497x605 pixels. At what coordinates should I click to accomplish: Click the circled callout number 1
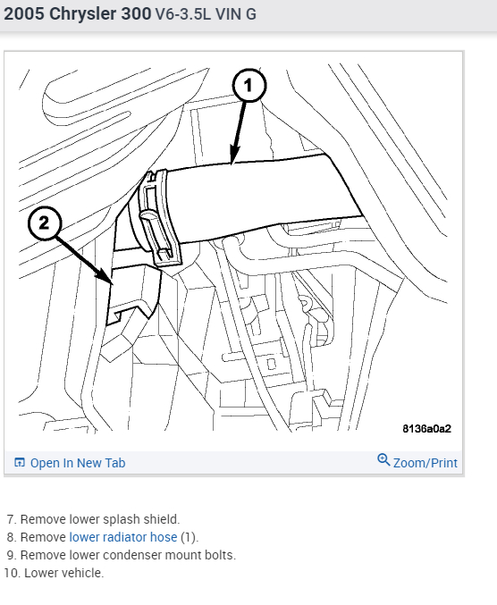pos(249,85)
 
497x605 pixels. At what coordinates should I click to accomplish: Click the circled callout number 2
pos(45,223)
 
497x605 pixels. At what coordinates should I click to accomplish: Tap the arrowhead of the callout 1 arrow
pos(234,155)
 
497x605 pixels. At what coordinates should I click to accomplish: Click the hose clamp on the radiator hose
pos(159,218)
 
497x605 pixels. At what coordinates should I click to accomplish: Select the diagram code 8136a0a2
pos(426,429)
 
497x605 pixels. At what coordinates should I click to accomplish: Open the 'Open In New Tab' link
pos(78,463)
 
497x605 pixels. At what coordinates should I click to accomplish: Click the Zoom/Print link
pos(425,463)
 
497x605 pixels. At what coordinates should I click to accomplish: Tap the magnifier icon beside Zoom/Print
pos(383,460)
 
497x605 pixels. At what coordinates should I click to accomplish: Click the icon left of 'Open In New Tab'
pos(20,462)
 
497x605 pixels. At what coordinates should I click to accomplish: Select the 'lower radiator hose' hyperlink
pos(123,537)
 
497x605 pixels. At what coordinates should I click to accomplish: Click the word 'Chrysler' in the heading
pos(83,14)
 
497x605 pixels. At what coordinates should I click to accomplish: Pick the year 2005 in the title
pos(24,14)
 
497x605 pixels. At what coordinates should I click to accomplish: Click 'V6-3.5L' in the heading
pos(183,14)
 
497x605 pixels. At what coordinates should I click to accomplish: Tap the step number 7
pos(12,519)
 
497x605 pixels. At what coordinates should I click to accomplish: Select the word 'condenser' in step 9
pos(131,555)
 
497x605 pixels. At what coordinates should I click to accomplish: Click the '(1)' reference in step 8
pos(190,537)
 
